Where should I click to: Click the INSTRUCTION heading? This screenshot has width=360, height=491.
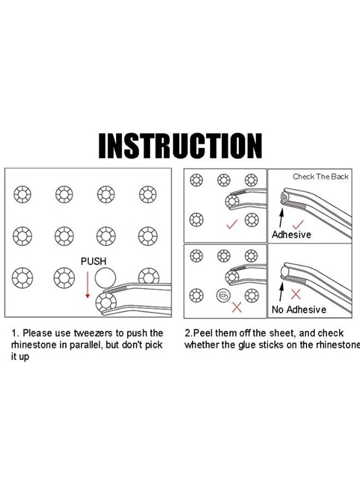tap(180, 146)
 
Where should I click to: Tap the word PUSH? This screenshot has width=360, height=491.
tap(93, 261)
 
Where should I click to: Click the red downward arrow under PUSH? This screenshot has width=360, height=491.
tap(88, 285)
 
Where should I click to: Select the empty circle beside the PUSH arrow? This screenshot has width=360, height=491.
tap(105, 278)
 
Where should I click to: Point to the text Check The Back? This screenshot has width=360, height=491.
tap(321, 177)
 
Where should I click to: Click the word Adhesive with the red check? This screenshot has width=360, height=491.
tap(291, 235)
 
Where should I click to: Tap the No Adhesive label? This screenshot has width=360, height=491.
tap(299, 309)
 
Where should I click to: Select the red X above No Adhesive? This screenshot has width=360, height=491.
tap(296, 295)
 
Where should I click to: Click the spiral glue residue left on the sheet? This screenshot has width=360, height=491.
tap(224, 295)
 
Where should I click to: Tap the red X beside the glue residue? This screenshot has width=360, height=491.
tap(237, 307)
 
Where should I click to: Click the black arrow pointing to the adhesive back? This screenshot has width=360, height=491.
tap(281, 218)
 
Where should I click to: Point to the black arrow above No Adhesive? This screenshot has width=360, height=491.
tap(281, 292)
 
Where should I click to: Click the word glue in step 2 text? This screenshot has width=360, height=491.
tap(247, 345)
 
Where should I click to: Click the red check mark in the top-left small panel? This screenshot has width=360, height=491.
tap(232, 224)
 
